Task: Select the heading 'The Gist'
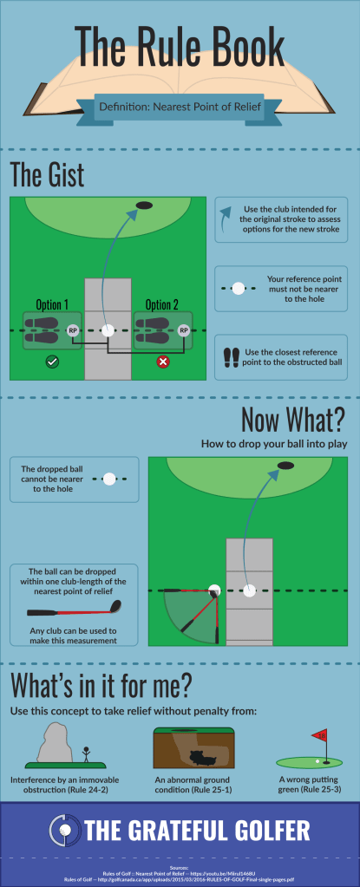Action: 47,174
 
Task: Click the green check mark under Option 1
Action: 53,362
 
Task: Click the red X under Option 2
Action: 162,362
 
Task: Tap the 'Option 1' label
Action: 53,305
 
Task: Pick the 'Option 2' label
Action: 162,305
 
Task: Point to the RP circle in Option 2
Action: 183,330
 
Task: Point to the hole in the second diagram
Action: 285,466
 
